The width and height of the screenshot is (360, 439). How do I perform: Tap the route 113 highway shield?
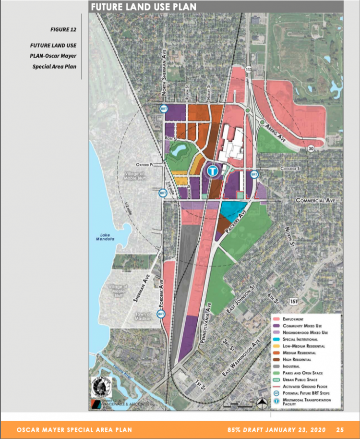click(x=248, y=70)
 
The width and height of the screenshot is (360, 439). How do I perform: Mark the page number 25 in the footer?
click(x=340, y=429)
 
